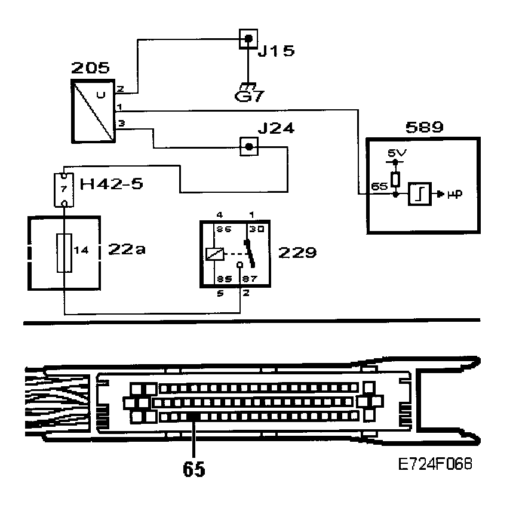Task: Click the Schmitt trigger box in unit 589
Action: pos(419,194)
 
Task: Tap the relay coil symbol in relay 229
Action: pos(214,253)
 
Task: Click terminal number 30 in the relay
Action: pos(256,230)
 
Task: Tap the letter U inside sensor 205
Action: pos(100,94)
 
